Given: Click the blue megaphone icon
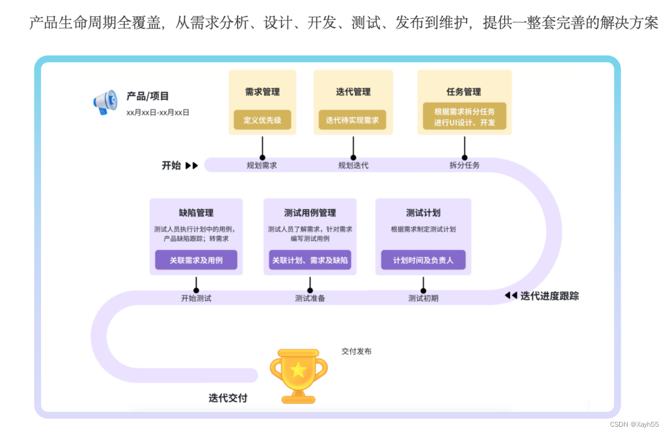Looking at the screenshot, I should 106,103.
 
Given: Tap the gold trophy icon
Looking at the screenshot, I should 298,375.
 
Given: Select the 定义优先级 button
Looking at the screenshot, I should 262,120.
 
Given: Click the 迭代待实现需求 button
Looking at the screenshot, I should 353,120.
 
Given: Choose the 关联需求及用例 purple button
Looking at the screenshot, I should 196,260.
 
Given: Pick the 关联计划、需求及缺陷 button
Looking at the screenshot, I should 310,260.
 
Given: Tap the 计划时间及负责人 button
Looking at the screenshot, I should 423,260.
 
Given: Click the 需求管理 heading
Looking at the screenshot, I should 262,92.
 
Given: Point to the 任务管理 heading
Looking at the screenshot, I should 464,92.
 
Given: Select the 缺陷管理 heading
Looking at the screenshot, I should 196,213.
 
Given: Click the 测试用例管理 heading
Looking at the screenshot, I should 310,213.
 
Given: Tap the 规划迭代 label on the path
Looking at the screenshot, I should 353,165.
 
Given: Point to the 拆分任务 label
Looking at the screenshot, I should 464,165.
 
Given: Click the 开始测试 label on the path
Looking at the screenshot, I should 196,298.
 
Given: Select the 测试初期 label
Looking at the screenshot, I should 423,298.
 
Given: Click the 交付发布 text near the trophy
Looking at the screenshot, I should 356,351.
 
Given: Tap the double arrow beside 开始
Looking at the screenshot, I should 192,165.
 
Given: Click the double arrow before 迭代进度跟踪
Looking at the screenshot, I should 511,295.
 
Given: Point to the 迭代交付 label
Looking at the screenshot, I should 228,398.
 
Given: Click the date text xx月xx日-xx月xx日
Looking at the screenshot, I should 157,112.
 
